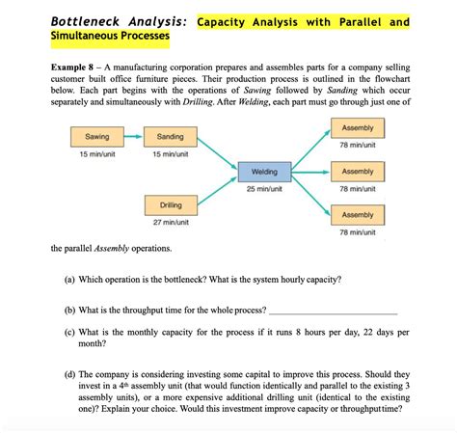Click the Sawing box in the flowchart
96,137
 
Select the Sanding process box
170,137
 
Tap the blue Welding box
263,172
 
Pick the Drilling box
170,205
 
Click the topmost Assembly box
357,128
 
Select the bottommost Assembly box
357,215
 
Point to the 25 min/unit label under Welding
263,189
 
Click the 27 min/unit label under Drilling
170,223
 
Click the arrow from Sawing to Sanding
133,137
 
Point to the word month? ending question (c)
93,343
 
